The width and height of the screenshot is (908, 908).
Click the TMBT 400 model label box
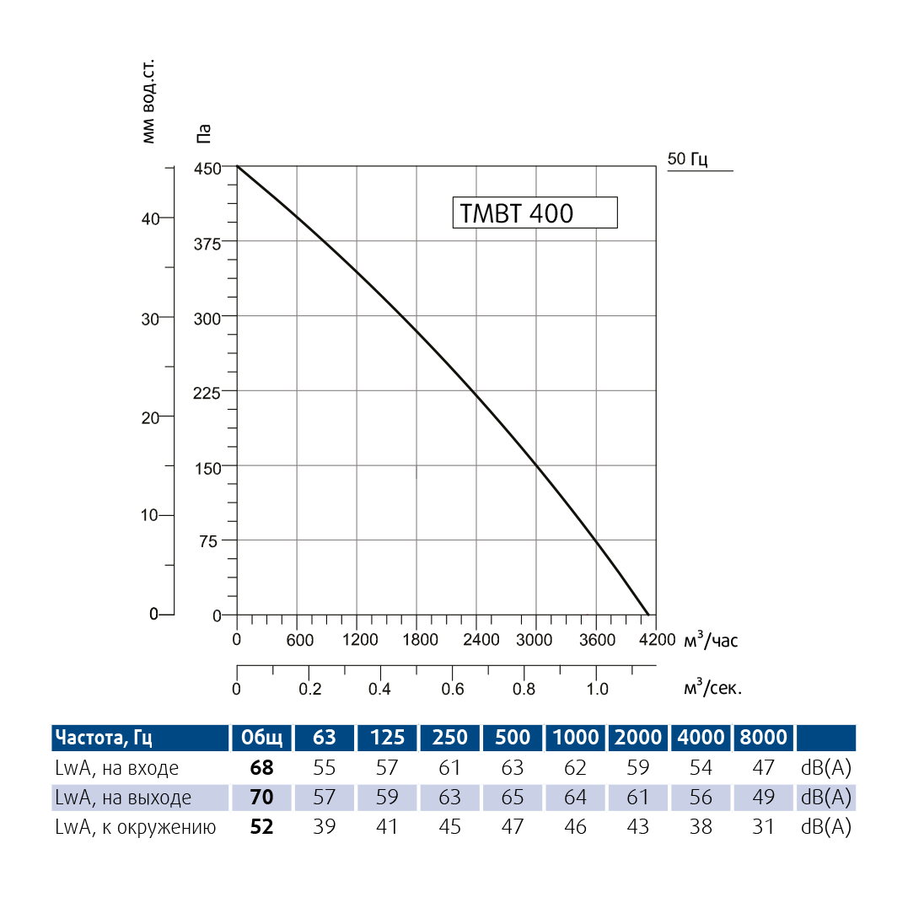[535, 212]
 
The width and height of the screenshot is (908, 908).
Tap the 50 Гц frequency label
[687, 159]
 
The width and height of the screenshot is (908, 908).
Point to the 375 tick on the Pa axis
[207, 243]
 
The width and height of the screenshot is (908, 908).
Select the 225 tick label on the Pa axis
[207, 392]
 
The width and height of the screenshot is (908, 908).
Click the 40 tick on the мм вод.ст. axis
[150, 218]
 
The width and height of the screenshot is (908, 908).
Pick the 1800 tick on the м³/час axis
[420, 640]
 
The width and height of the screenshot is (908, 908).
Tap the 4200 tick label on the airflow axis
[658, 640]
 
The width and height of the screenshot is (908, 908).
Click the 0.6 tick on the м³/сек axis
[453, 689]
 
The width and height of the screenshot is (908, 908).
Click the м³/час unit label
[711, 641]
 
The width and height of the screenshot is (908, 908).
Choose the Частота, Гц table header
[104, 739]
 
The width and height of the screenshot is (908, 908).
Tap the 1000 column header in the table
[576, 739]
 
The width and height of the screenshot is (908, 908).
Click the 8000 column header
[764, 739]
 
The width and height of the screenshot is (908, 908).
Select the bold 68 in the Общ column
[262, 768]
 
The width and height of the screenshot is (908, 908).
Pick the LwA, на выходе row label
[123, 798]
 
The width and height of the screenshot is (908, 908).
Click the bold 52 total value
[262, 827]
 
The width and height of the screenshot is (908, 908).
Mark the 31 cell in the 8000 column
[764, 827]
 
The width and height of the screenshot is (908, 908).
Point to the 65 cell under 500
[513, 798]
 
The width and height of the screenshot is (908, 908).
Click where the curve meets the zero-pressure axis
[648, 615]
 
